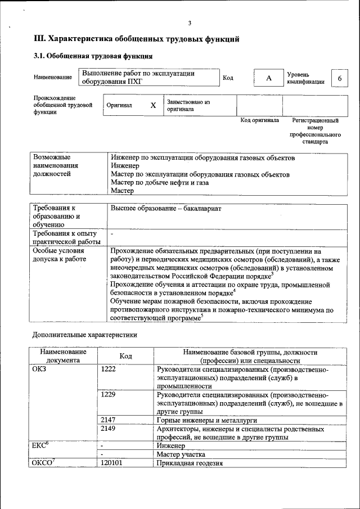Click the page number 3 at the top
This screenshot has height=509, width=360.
190,23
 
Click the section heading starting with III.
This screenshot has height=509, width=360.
137,39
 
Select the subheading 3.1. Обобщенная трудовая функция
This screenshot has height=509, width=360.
93,56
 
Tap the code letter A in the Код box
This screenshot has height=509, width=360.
268,78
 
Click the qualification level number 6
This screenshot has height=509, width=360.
339,78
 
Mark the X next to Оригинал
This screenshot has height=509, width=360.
153,105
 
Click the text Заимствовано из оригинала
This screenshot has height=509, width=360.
188,106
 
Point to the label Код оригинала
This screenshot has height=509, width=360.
259,120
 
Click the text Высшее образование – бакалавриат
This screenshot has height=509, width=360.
166,209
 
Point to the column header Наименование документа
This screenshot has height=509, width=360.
63,356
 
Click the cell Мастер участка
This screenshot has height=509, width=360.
181,454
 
